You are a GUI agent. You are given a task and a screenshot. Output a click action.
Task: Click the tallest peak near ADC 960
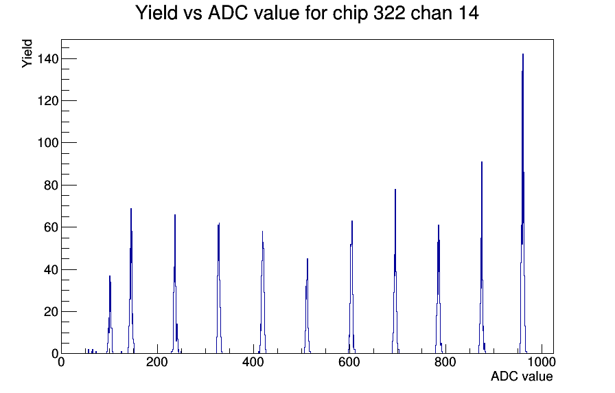point(523,204)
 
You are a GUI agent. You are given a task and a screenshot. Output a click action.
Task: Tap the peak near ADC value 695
point(395,271)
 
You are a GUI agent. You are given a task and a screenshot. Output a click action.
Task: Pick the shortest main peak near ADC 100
point(110,315)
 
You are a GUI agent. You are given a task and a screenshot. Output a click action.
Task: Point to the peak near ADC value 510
point(307,306)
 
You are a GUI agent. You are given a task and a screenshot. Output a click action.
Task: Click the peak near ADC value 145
point(131,281)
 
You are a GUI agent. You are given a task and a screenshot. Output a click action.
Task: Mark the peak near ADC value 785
point(439,289)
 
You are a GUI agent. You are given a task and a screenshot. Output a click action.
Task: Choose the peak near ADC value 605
point(352,287)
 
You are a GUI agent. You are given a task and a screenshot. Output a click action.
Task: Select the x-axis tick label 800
point(445,361)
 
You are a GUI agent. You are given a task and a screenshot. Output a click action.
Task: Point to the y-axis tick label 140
point(48,59)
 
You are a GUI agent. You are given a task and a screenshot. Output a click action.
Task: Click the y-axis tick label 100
point(48,143)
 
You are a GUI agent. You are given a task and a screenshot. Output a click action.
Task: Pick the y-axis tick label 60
point(51,227)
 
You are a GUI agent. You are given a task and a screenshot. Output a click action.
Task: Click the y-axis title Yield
point(27,54)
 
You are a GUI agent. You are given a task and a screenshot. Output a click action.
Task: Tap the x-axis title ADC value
point(522,376)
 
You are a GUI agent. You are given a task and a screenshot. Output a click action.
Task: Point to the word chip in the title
point(351,13)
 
